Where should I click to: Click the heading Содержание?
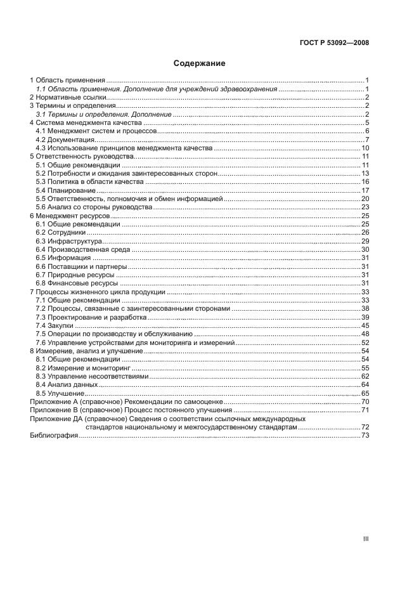tap(200, 63)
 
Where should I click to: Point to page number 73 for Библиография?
tap(365, 436)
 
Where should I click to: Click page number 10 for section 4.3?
tap(365, 148)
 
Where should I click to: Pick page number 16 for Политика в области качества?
tap(365, 182)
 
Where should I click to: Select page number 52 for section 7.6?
tap(365, 342)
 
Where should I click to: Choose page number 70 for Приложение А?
tap(365, 402)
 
